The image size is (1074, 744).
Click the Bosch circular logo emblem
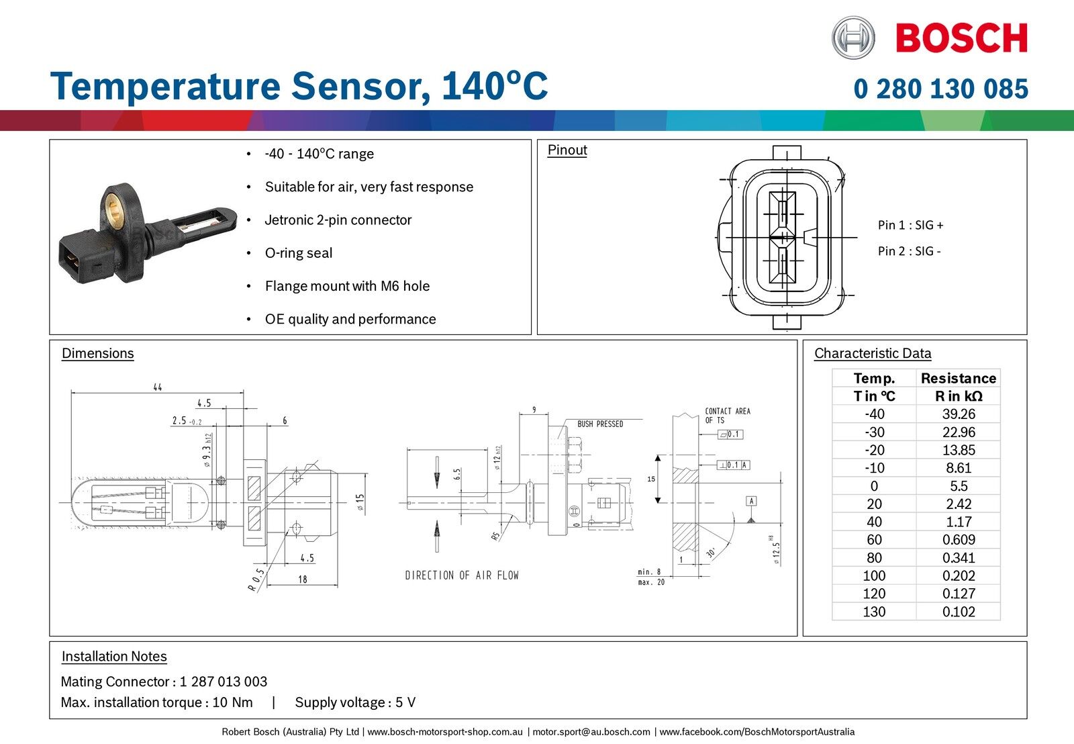pyautogui.click(x=853, y=38)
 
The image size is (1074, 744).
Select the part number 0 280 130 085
pyautogui.click(x=940, y=89)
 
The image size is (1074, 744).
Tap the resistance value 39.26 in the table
pyautogui.click(x=958, y=414)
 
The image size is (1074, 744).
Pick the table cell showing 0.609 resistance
pyautogui.click(x=958, y=540)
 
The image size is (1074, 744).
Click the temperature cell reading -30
pyautogui.click(x=874, y=432)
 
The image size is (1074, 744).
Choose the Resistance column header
pyautogui.click(x=958, y=378)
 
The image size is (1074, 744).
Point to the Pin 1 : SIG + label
pyautogui.click(x=910, y=225)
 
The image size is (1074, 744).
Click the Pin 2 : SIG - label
pyautogui.click(x=909, y=251)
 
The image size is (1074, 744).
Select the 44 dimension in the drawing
pyautogui.click(x=157, y=387)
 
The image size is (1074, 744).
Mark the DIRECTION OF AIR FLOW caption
pyautogui.click(x=462, y=575)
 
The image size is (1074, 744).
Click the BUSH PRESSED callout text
pyautogui.click(x=600, y=424)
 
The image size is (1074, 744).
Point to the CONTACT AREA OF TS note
pyautogui.click(x=727, y=416)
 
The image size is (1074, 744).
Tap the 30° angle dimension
pyautogui.click(x=710, y=553)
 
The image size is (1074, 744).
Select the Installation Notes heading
pyautogui.click(x=114, y=657)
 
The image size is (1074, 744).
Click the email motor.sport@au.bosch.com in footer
pyautogui.click(x=591, y=732)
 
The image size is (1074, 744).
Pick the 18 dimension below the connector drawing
pyautogui.click(x=303, y=579)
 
